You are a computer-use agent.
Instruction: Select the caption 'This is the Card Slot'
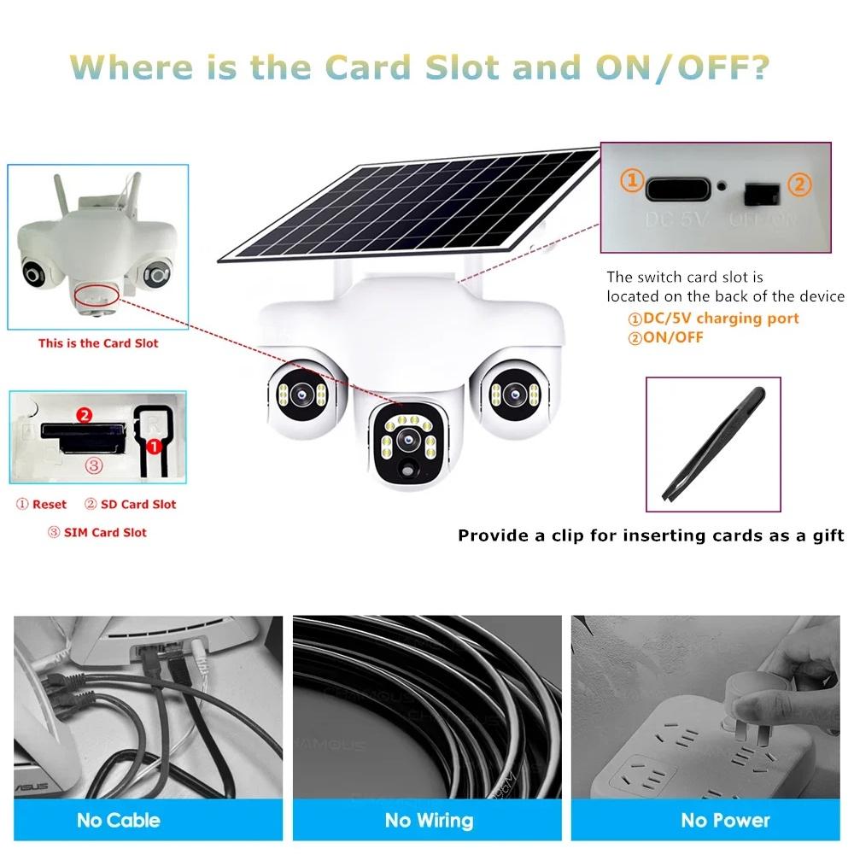coord(98,343)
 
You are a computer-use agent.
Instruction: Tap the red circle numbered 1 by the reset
coord(155,446)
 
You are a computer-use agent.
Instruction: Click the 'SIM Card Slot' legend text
coord(97,533)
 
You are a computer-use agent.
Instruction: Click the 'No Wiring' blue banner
coord(428,821)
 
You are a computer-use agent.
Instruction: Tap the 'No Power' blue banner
coord(725,821)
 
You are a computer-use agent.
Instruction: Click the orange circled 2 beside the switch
coord(799,183)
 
